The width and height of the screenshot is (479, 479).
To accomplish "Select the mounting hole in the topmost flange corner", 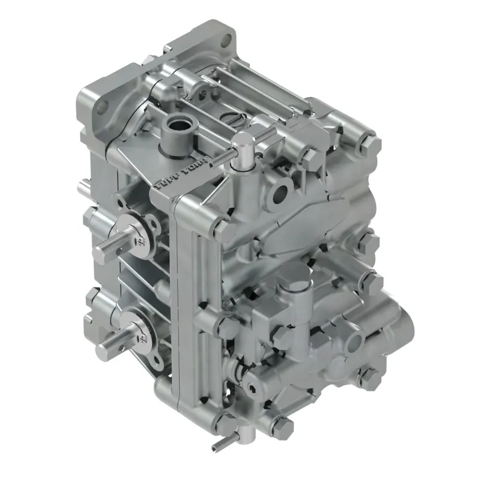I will pyautogui.click(x=226, y=41).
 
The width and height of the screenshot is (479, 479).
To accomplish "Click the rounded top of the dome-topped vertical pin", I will pyautogui.click(x=242, y=141).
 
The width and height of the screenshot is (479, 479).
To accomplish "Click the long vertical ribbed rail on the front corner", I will pyautogui.click(x=195, y=299).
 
